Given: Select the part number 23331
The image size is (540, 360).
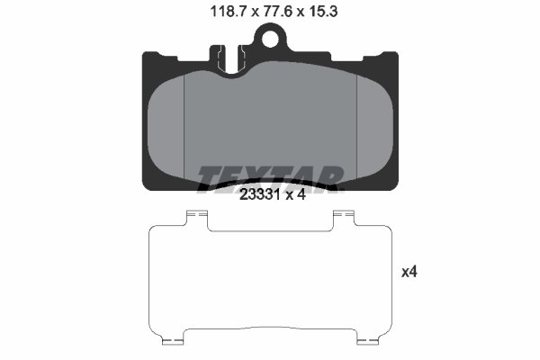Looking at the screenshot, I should coord(258,199).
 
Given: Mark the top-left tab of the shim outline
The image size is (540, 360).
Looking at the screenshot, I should coord(196,216).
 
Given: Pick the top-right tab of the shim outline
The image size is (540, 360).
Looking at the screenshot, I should coord(345,216).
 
